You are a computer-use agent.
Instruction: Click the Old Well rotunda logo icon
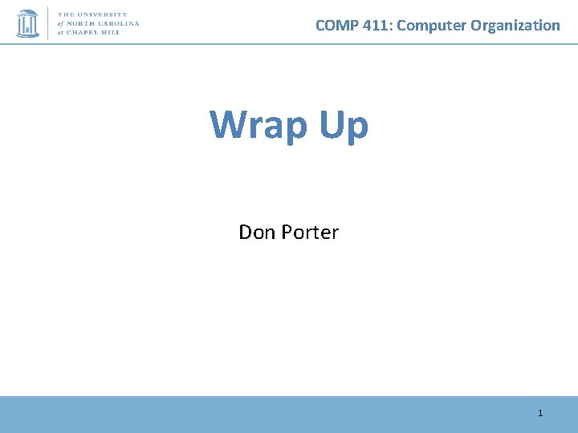[x=27, y=23]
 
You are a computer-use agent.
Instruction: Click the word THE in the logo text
[x=67, y=14]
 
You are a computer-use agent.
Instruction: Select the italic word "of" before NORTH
[x=62, y=24]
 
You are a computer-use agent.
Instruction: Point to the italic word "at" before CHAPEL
[x=62, y=34]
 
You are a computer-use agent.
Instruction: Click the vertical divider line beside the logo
[x=49, y=23]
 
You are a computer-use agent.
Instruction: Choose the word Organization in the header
[x=515, y=25]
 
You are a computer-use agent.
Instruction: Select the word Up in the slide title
[x=344, y=124]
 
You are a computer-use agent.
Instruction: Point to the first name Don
[x=257, y=233]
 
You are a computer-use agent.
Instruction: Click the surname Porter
[x=309, y=233]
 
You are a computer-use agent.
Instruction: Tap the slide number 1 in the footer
[x=540, y=413]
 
